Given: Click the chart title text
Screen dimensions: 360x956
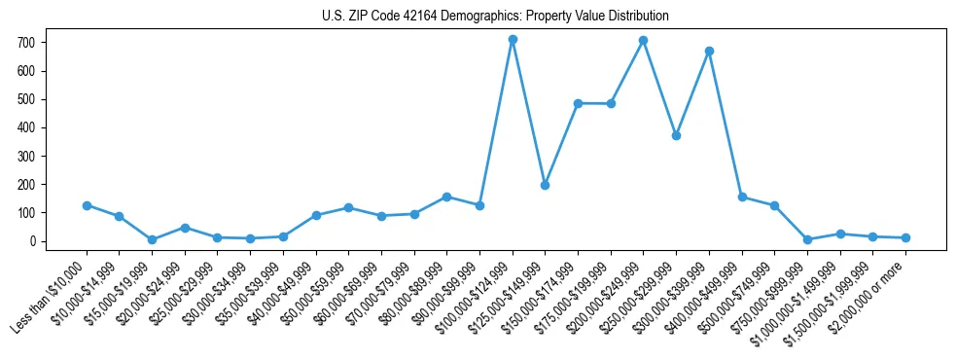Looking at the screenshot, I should coord(495,17).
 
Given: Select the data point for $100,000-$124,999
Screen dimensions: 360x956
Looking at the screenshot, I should coord(513,40).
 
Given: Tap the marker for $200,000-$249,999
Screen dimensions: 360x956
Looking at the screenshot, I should coord(643,41).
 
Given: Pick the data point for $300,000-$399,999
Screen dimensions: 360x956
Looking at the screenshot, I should coord(709,51).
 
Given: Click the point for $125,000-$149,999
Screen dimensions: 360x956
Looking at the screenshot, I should coord(545,185).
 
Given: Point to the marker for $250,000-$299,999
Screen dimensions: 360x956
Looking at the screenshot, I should coord(676,135).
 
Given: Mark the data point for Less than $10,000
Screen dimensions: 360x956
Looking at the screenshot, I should coord(87,205).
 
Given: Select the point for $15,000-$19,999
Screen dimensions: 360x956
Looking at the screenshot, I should coord(152,239).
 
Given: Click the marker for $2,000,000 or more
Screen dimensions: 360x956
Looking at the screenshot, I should coord(905,237).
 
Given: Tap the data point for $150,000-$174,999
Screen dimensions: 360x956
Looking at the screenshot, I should coord(578,103).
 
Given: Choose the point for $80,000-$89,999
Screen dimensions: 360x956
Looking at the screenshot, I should coord(446,197).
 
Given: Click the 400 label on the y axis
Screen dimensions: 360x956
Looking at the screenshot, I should coord(26,127).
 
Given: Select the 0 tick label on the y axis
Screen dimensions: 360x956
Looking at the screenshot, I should coord(32,241).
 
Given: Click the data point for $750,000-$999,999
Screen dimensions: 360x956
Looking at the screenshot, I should coord(807,239).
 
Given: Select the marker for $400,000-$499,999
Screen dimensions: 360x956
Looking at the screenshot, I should coord(742,197).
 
